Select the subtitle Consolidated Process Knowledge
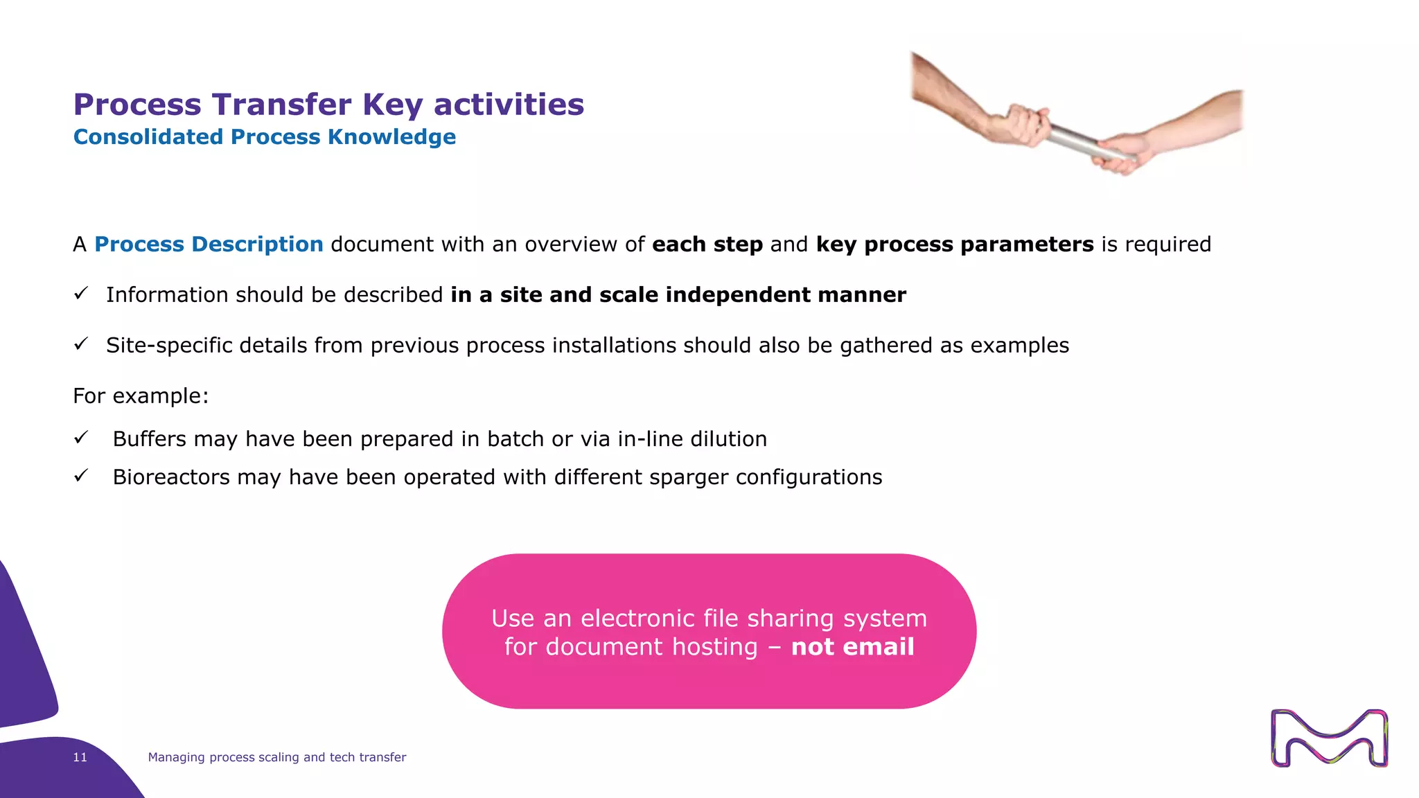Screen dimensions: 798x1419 coord(264,137)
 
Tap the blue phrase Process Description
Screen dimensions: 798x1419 coord(209,245)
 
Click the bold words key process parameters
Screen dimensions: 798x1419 coord(954,245)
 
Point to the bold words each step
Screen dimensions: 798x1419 coord(707,245)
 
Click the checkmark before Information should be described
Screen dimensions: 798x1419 coord(81,294)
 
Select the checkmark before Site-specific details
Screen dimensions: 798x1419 coord(81,344)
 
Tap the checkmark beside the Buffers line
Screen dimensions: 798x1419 coord(81,438)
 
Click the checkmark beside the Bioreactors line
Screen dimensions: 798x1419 coord(81,476)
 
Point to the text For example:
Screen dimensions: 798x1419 coord(141,396)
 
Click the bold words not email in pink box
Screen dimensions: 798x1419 coord(852,647)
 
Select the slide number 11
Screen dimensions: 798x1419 coord(80,757)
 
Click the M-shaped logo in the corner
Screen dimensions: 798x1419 coord(1329,738)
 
